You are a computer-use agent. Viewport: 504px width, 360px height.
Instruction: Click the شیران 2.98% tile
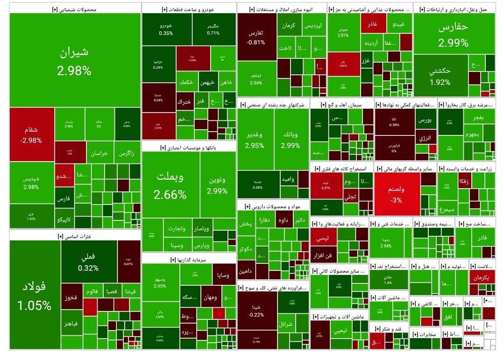click(x=75, y=61)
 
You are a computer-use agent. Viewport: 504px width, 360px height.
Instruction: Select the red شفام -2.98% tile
click(x=32, y=135)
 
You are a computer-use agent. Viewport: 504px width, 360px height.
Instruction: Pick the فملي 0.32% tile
click(x=89, y=262)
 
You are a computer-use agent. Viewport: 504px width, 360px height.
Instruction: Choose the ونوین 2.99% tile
click(x=217, y=185)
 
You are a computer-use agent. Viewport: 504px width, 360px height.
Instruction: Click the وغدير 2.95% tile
click(x=255, y=140)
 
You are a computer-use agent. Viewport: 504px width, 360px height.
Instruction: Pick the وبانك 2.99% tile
click(x=291, y=140)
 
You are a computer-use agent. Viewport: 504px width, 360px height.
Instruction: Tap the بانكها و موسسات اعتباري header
click(x=189, y=147)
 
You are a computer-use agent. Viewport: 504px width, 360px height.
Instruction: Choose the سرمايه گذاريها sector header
click(x=189, y=258)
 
